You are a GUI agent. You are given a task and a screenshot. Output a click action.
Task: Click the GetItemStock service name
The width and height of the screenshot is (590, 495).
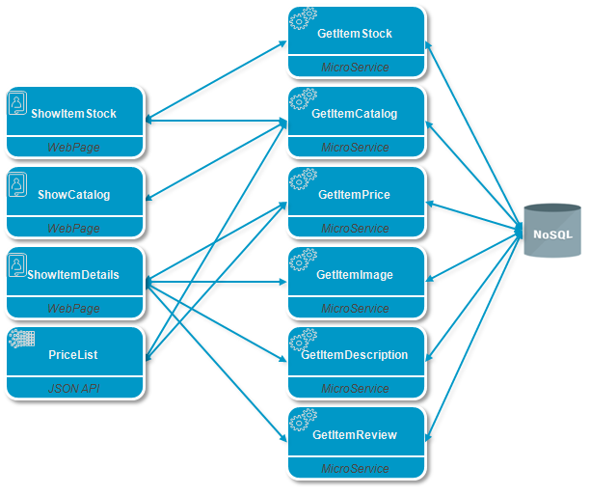(x=355, y=34)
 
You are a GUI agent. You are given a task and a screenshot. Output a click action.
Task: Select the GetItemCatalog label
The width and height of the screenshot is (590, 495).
(x=355, y=114)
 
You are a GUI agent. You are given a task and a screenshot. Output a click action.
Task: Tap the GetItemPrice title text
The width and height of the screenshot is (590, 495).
(x=354, y=194)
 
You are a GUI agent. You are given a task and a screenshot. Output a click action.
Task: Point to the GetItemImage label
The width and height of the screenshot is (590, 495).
(x=355, y=275)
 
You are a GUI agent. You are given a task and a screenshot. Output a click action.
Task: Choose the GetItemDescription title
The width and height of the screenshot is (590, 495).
(x=355, y=355)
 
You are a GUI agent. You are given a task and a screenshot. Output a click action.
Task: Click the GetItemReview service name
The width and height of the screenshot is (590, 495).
(x=355, y=435)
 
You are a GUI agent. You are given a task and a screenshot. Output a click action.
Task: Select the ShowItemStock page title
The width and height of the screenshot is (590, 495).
(x=73, y=114)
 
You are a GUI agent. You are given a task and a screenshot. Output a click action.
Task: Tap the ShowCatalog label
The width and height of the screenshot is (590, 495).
(x=73, y=194)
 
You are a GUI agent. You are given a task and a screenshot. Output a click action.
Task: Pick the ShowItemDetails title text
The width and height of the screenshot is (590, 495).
(x=73, y=275)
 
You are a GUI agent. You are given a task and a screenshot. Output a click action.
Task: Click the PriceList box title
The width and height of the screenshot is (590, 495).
(x=73, y=355)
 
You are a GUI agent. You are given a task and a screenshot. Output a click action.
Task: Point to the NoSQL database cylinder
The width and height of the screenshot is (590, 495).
(x=552, y=231)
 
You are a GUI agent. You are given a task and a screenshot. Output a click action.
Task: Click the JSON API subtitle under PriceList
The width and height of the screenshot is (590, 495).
(x=73, y=389)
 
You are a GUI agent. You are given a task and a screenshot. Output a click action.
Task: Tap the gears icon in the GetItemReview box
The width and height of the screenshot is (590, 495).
(x=304, y=420)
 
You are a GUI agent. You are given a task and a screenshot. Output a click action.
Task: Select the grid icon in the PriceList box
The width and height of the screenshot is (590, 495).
(x=22, y=338)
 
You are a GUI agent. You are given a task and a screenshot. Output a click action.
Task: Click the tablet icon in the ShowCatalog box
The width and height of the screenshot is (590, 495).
(x=17, y=184)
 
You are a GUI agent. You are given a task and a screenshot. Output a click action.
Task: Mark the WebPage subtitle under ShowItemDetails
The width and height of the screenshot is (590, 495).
(x=73, y=309)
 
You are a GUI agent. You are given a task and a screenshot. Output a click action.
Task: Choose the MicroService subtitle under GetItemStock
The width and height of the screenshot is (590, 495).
(x=355, y=68)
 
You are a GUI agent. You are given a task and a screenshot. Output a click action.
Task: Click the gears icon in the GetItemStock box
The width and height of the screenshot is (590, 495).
(x=304, y=18)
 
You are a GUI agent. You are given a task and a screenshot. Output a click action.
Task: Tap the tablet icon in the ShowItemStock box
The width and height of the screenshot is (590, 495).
(x=17, y=103)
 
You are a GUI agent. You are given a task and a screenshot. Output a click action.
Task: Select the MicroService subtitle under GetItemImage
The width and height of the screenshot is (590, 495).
(x=355, y=309)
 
